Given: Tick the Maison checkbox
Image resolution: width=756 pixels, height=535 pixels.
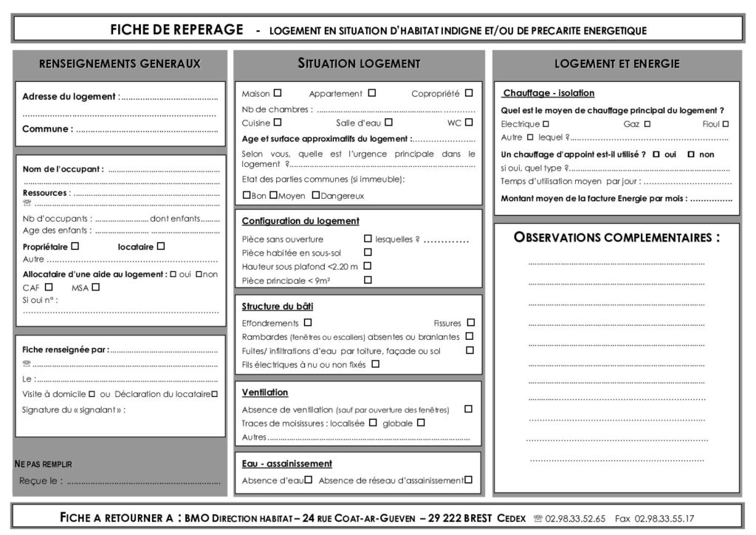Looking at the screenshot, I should pyautogui.click(x=278, y=93).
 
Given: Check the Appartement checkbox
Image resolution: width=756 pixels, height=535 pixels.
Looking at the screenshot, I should pyautogui.click(x=372, y=93).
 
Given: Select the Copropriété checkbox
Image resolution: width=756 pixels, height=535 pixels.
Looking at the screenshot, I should pyautogui.click(x=469, y=93).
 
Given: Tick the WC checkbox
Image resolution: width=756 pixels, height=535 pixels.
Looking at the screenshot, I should pyautogui.click(x=469, y=122).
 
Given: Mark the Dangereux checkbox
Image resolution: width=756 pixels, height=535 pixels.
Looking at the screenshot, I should pyautogui.click(x=316, y=195).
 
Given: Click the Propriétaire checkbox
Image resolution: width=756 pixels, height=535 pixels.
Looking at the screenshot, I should pyautogui.click(x=75, y=246).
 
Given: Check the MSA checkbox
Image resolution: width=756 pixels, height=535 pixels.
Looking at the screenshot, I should pyautogui.click(x=95, y=287).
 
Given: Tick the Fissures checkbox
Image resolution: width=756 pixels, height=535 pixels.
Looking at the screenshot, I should pyautogui.click(x=471, y=322).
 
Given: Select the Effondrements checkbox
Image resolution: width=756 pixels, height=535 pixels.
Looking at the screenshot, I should pyautogui.click(x=308, y=322).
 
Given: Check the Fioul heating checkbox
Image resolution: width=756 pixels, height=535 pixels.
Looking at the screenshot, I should pyautogui.click(x=726, y=124).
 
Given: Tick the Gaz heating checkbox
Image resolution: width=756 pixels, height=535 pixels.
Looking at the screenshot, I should pyautogui.click(x=647, y=124).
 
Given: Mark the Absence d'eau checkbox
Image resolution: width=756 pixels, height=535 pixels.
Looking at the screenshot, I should pyautogui.click(x=309, y=480).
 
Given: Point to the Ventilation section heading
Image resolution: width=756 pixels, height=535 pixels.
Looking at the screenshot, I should pyautogui.click(x=265, y=392).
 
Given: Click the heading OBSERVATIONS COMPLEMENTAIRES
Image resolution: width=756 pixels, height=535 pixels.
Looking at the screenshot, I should pyautogui.click(x=616, y=237).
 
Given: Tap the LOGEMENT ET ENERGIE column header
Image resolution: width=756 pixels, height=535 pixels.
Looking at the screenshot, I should pyautogui.click(x=616, y=64).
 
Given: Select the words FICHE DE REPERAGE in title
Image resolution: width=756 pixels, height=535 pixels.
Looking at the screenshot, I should pyautogui.click(x=176, y=30).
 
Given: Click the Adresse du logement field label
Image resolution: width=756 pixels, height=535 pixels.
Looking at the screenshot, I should pyautogui.click(x=69, y=97).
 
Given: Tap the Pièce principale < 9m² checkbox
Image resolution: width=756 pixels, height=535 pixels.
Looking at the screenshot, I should pyautogui.click(x=368, y=280).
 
